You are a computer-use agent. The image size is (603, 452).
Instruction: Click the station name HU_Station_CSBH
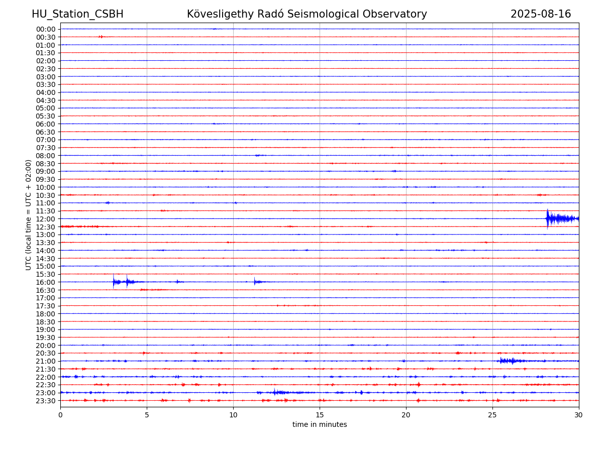click(77, 14)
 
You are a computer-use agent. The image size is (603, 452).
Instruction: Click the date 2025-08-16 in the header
click(540, 14)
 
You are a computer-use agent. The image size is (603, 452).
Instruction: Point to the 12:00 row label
click(46, 219)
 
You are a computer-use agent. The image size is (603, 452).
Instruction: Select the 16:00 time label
click(46, 282)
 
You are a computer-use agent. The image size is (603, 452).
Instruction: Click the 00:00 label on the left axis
click(46, 29)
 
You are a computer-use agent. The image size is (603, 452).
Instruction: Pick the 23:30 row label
click(46, 401)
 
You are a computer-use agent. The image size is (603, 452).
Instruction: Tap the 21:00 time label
click(46, 361)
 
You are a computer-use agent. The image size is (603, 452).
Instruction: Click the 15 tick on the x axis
click(320, 415)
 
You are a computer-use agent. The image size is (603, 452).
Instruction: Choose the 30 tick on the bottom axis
click(578, 415)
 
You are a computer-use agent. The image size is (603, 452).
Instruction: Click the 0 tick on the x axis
click(60, 415)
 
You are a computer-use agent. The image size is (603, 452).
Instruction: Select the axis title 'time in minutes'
click(320, 424)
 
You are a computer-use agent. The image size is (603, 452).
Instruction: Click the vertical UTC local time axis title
click(28, 215)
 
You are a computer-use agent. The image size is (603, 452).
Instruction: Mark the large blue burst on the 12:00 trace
click(561, 219)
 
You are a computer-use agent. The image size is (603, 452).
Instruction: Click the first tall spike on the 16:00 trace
click(114, 281)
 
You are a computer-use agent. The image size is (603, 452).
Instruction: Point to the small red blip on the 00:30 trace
click(101, 37)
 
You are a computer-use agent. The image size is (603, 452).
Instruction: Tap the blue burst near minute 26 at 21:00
click(511, 361)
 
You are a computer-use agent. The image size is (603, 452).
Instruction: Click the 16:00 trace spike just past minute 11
click(254, 281)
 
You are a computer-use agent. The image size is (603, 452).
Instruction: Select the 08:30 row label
click(46, 164)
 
